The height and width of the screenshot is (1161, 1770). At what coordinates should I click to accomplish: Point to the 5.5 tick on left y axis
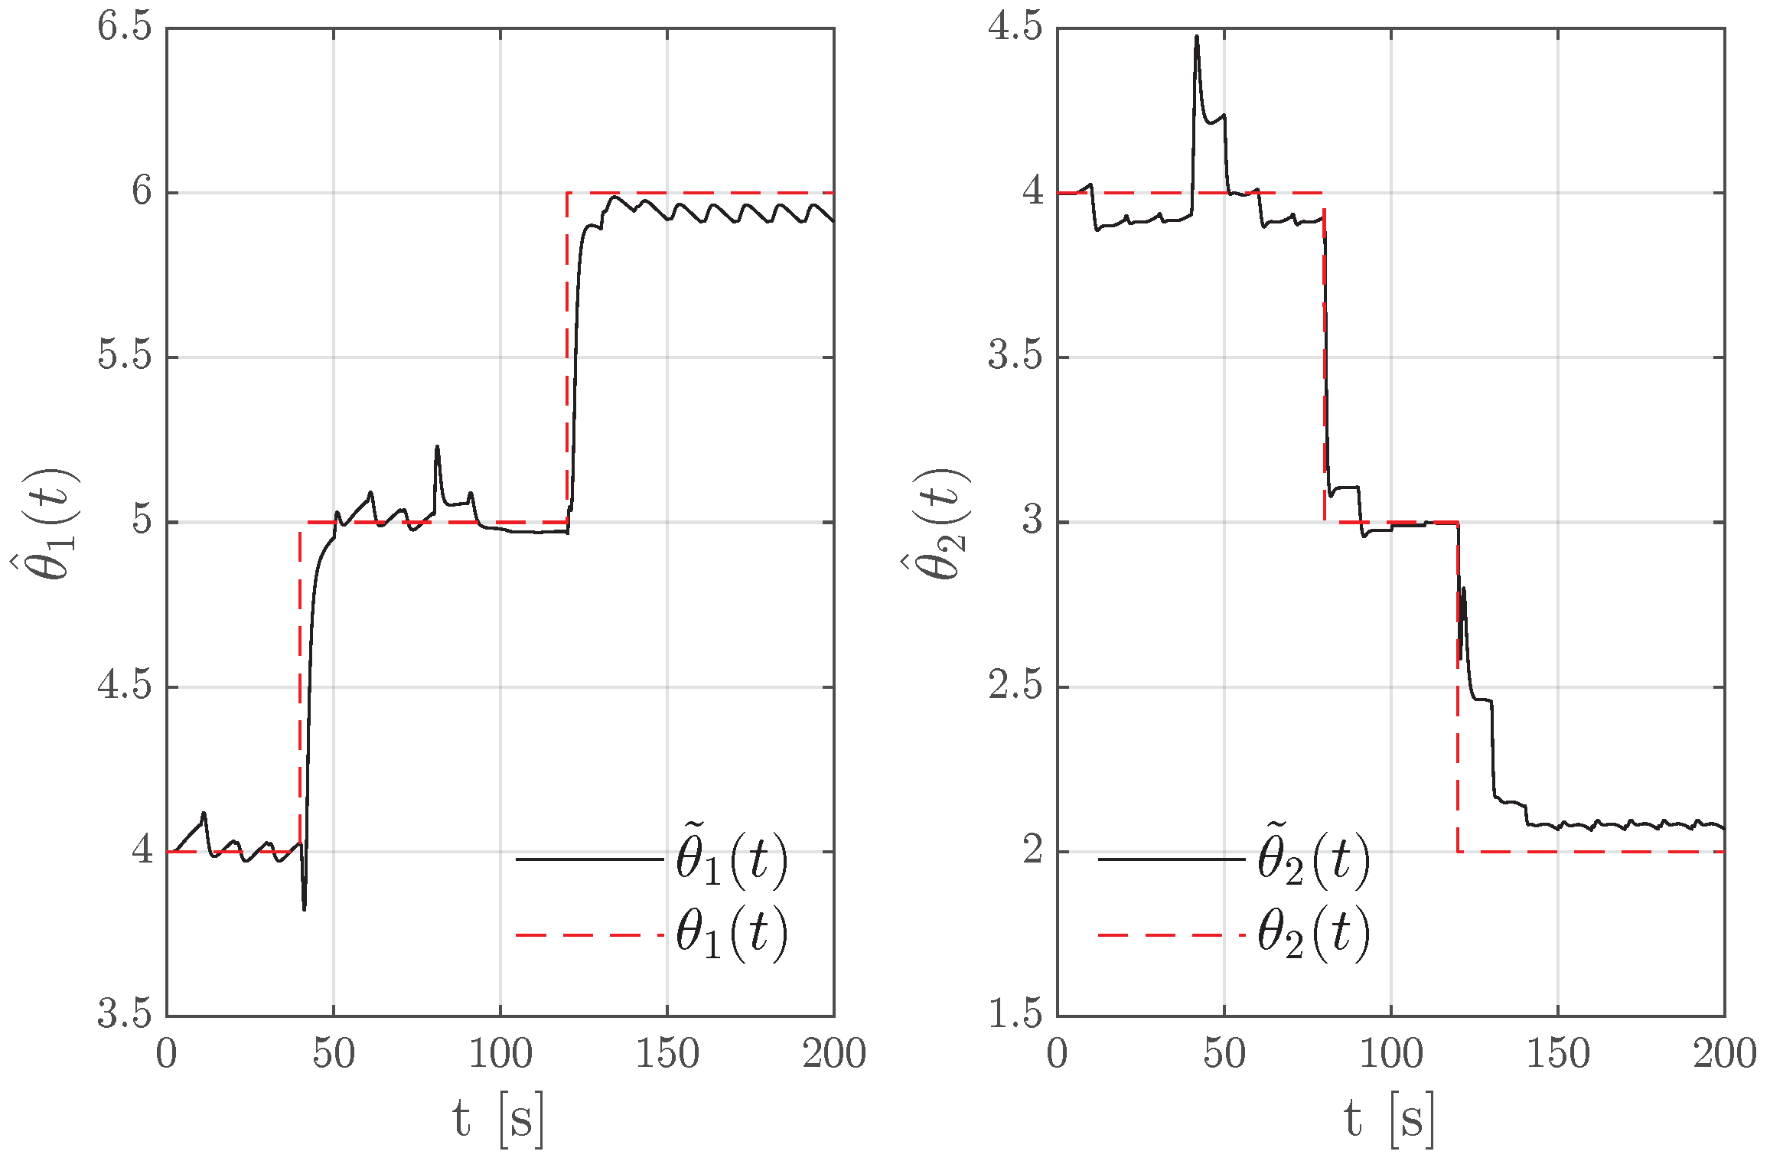tap(124, 357)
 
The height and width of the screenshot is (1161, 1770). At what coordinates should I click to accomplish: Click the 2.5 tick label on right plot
tap(1015, 686)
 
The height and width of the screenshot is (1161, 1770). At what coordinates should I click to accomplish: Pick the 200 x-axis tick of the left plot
tap(833, 1054)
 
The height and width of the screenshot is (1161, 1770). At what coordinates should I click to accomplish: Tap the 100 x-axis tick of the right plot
tap(1390, 1054)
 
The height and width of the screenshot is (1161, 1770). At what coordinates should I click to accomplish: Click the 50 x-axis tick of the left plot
tap(333, 1054)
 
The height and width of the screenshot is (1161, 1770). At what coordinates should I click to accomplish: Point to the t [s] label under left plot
tap(498, 1119)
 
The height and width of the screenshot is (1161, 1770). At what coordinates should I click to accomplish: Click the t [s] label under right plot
tap(1389, 1119)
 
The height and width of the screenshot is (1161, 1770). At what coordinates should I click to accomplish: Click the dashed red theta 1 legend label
tap(731, 933)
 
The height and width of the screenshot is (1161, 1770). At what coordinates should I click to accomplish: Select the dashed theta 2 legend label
tap(1313, 933)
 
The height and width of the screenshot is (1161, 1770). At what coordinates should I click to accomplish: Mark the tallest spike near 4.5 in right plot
tap(1197, 38)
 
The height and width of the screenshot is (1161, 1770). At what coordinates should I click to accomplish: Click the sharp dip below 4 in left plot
tap(305, 908)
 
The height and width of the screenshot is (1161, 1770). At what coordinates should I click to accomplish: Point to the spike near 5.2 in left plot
tap(437, 448)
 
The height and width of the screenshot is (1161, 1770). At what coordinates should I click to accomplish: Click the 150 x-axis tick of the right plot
tap(1557, 1054)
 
